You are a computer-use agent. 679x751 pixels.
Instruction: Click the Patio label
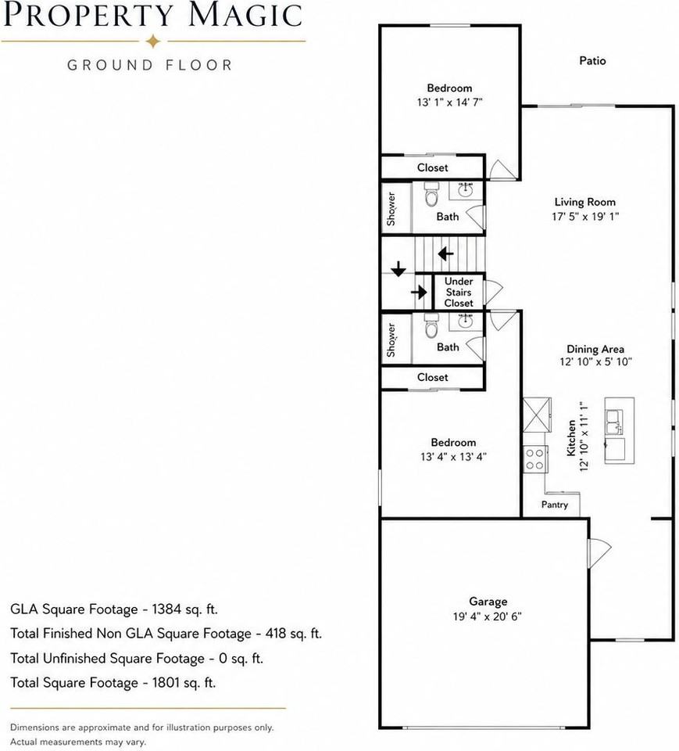pyautogui.click(x=592, y=61)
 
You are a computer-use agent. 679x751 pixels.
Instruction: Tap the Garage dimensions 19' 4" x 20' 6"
pyautogui.click(x=487, y=616)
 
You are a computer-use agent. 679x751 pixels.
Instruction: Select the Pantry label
pyautogui.click(x=555, y=505)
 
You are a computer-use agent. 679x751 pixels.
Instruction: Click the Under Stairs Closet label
pyautogui.click(x=459, y=292)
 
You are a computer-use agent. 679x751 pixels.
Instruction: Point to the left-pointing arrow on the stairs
pyautogui.click(x=446, y=253)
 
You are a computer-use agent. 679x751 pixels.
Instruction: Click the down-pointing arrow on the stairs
pyautogui.click(x=398, y=269)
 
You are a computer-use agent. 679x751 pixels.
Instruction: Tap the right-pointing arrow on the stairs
pyautogui.click(x=419, y=292)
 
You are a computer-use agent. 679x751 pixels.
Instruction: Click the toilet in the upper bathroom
pyautogui.click(x=431, y=196)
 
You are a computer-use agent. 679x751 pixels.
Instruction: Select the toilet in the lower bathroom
pyautogui.click(x=431, y=326)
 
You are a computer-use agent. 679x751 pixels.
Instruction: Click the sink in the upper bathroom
pyautogui.click(x=465, y=189)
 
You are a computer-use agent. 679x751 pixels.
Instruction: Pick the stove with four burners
pyautogui.click(x=535, y=459)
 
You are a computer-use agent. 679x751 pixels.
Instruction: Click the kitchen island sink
pyautogui.click(x=614, y=422)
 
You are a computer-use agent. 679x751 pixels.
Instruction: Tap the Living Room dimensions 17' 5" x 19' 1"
pyautogui.click(x=585, y=217)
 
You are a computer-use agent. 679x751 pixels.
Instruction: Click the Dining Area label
pyautogui.click(x=595, y=349)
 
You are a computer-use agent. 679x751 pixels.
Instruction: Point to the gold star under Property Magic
pyautogui.click(x=153, y=41)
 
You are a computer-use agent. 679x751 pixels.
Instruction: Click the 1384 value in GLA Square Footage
pyautogui.click(x=167, y=609)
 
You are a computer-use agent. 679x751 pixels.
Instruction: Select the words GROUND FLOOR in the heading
pyautogui.click(x=150, y=65)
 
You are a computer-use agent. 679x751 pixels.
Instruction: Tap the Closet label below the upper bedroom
pyautogui.click(x=433, y=168)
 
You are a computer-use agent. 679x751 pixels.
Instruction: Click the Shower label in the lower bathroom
pyautogui.click(x=391, y=340)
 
